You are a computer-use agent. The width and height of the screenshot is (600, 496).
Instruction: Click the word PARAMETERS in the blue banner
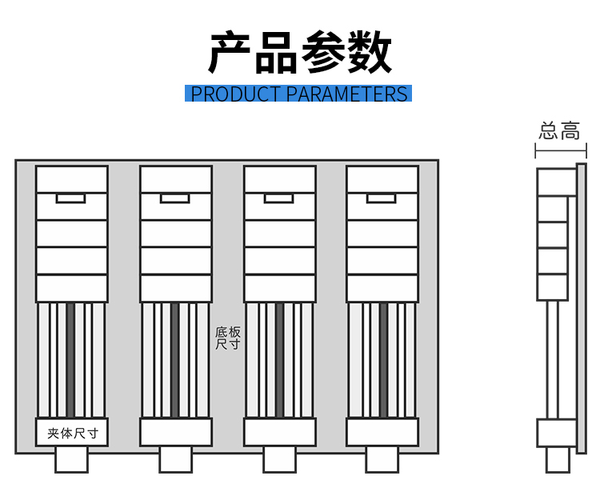click(346, 94)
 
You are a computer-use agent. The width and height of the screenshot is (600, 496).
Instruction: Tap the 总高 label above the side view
click(559, 131)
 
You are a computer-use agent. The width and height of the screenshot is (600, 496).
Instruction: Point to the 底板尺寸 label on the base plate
click(227, 338)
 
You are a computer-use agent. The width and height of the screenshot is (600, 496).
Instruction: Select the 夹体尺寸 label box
click(72, 433)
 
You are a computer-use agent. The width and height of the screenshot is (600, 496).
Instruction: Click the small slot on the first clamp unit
click(70, 198)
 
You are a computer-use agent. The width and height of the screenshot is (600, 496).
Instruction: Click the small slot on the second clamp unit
click(174, 198)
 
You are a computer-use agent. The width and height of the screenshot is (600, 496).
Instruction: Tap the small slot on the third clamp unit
click(279, 198)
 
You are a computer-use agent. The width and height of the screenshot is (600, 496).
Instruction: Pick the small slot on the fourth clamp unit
click(382, 198)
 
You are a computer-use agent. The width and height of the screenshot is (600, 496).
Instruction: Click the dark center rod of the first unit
click(70, 360)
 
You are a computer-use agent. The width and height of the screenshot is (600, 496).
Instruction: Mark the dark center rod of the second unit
click(174, 360)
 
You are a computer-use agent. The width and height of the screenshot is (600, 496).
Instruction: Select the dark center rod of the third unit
click(279, 360)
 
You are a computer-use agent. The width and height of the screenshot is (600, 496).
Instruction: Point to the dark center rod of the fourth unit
click(383, 360)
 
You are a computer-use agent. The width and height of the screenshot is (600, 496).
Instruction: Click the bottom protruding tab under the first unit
click(71, 459)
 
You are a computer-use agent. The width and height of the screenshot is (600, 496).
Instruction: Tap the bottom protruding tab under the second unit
click(175, 459)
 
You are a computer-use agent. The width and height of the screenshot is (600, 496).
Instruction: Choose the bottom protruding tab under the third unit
click(279, 459)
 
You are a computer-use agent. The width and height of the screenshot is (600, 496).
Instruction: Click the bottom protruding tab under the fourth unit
click(382, 459)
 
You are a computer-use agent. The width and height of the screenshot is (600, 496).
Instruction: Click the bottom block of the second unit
click(175, 432)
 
